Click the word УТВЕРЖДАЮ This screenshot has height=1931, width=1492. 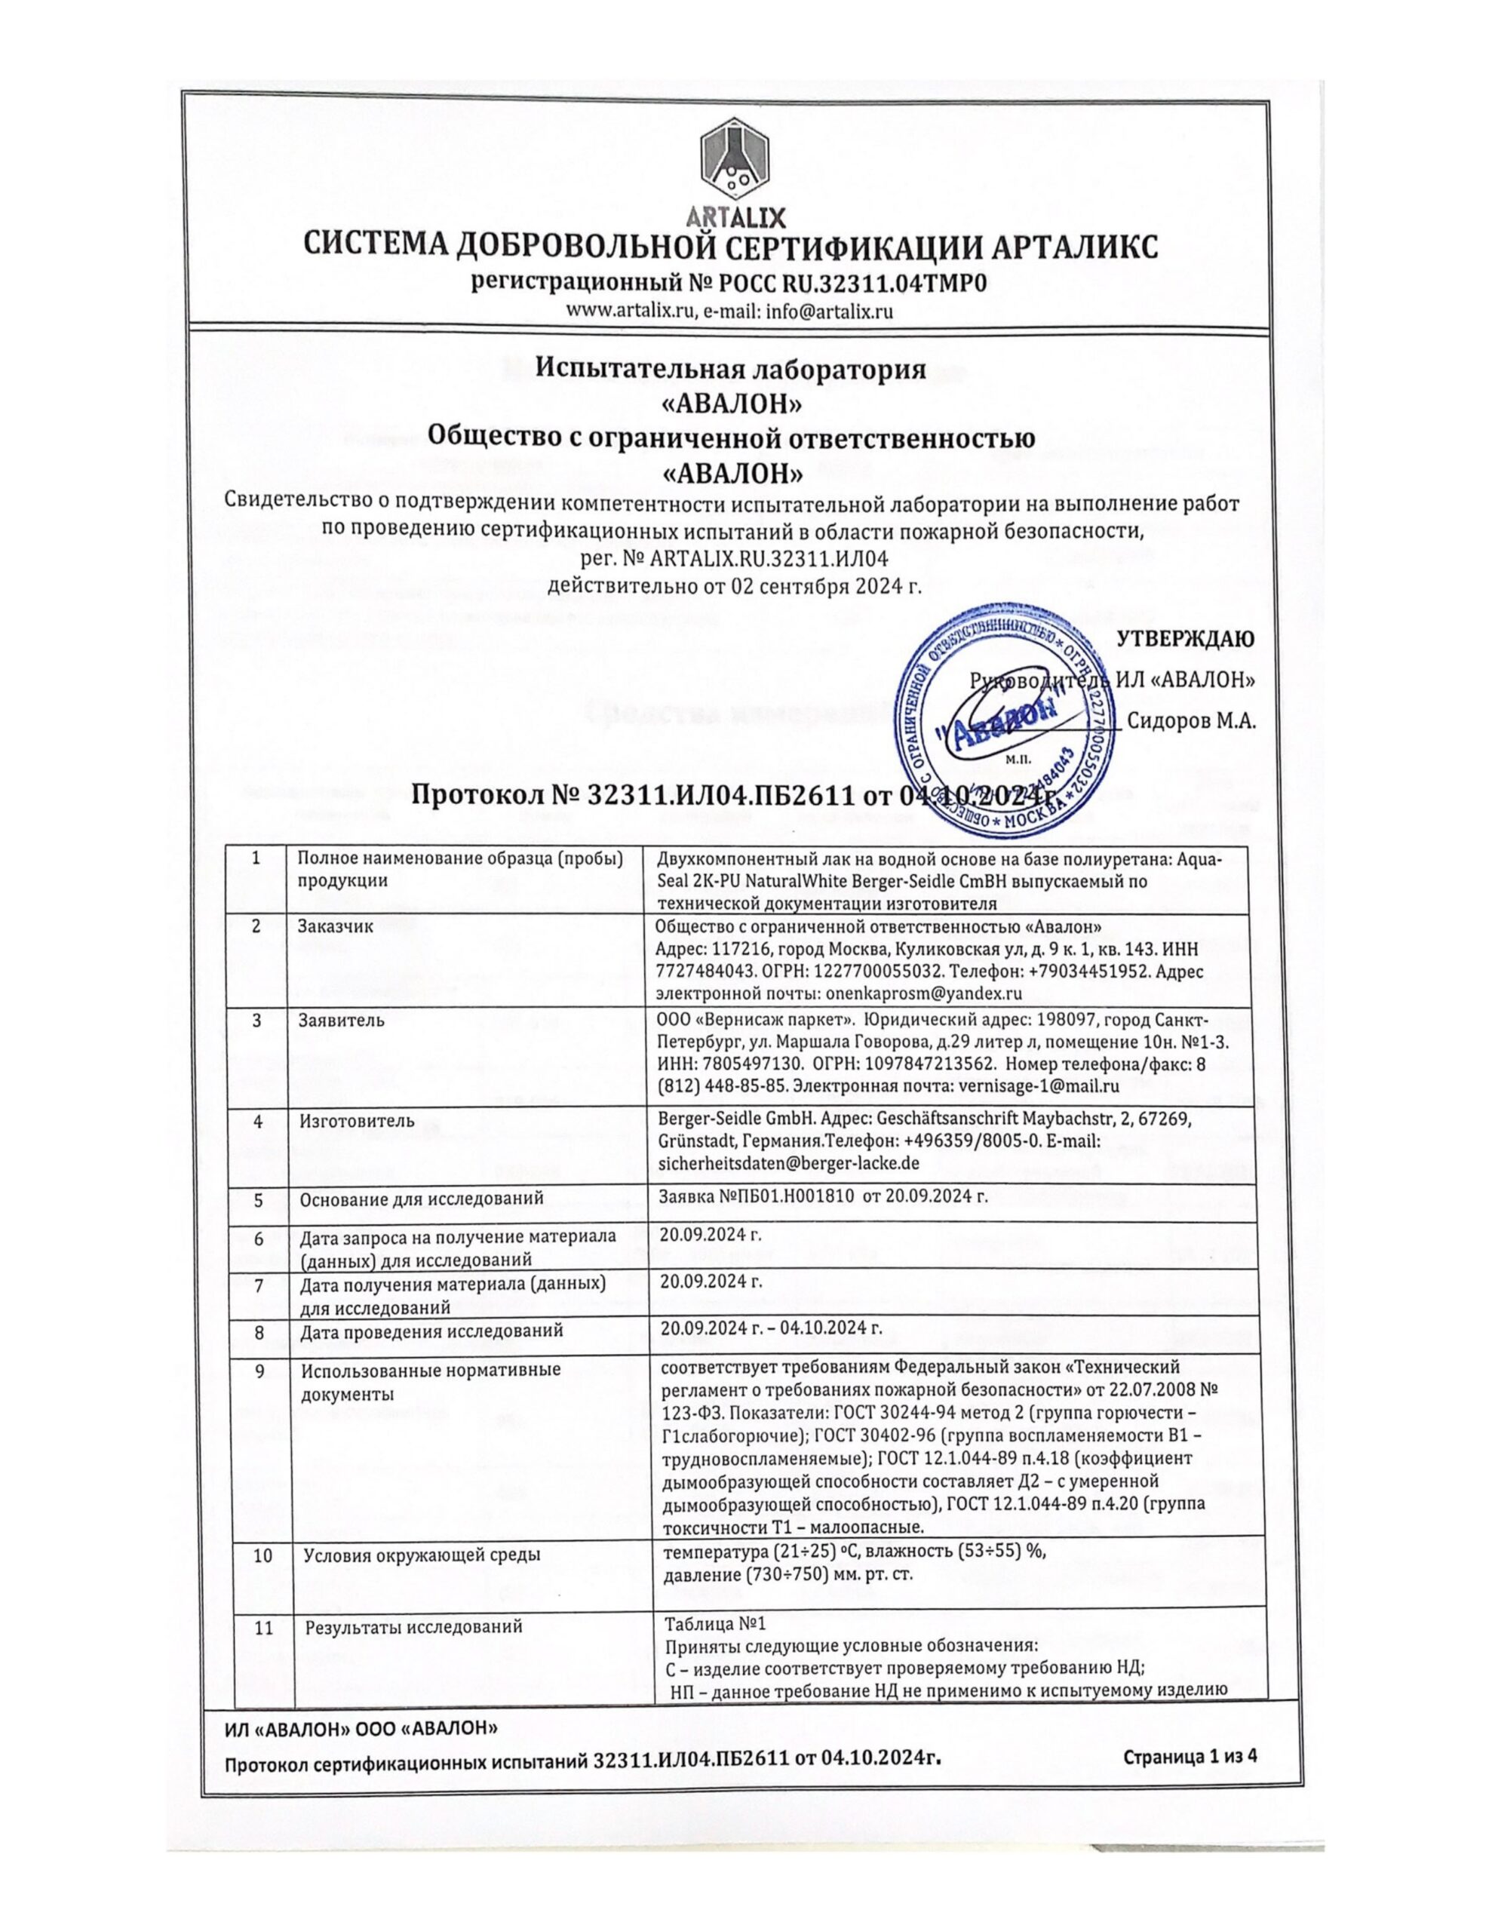point(1185,638)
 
